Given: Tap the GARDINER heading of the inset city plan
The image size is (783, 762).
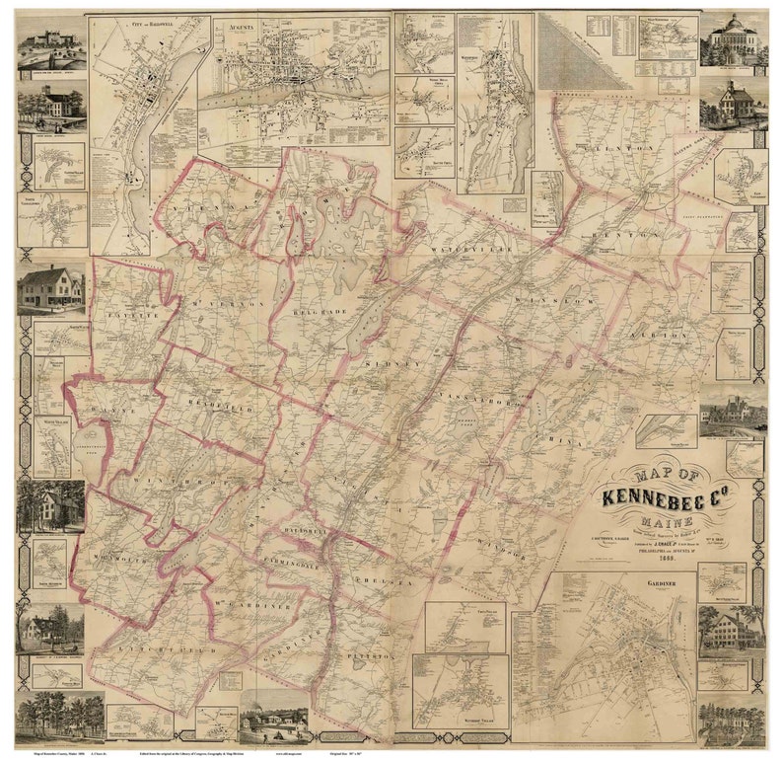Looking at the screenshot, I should click(x=664, y=584).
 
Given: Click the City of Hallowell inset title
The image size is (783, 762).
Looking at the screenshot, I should click(x=149, y=23).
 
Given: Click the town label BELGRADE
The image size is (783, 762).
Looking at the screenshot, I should click(x=318, y=309).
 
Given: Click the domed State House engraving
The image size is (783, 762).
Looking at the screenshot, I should click(x=733, y=39).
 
